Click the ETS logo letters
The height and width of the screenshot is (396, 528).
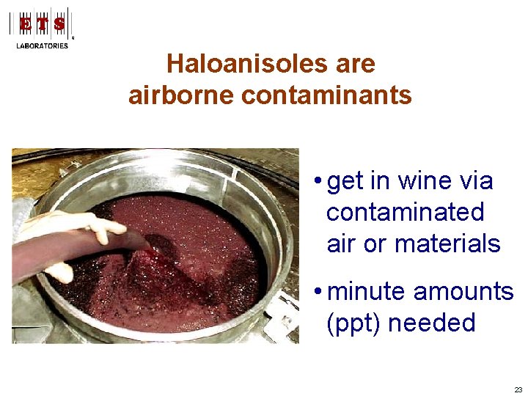[42, 24]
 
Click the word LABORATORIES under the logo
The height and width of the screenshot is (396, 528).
[42, 45]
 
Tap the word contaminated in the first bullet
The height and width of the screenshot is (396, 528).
[406, 212]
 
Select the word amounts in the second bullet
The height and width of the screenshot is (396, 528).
[463, 291]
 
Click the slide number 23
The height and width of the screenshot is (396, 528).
[518, 389]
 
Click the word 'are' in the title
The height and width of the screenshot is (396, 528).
[354, 64]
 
